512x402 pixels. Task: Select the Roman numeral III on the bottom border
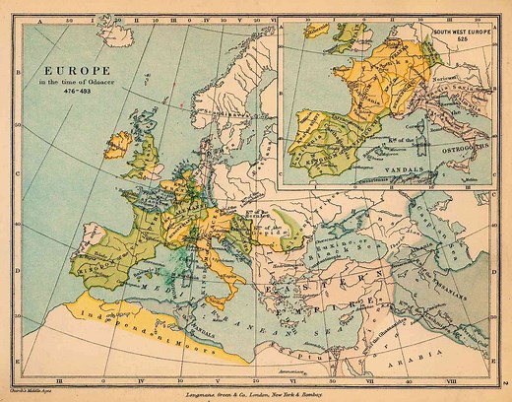60,374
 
